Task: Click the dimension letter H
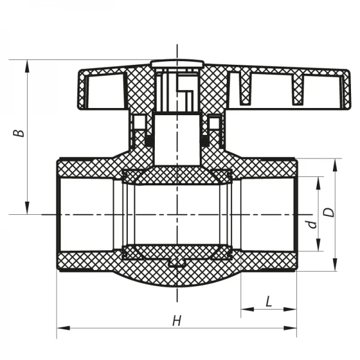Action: pos(176,321)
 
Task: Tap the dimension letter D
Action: pos(328,212)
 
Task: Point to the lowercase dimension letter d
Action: pos(311,224)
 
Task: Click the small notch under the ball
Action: pos(176,262)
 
